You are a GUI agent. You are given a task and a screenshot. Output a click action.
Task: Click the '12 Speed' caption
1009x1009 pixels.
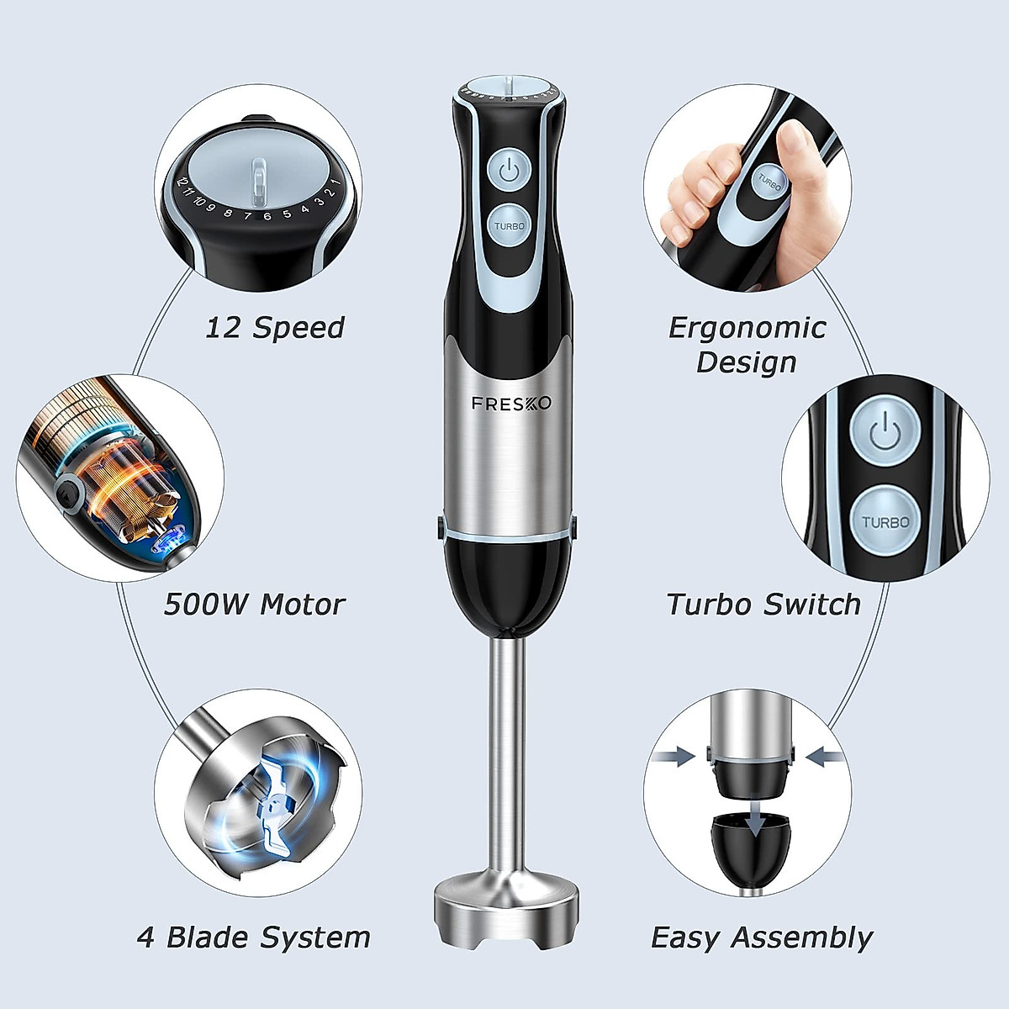click(x=275, y=327)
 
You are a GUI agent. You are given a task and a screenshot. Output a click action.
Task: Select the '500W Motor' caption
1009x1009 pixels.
click(x=255, y=604)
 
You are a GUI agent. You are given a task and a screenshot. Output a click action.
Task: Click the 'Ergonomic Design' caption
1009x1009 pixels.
click(x=747, y=345)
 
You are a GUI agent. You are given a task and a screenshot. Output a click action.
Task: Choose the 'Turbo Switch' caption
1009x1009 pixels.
click(x=763, y=604)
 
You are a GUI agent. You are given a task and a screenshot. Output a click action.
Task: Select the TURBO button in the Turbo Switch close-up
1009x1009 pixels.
click(x=885, y=521)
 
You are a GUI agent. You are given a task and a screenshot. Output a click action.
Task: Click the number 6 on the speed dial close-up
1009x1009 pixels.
click(x=267, y=216)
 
